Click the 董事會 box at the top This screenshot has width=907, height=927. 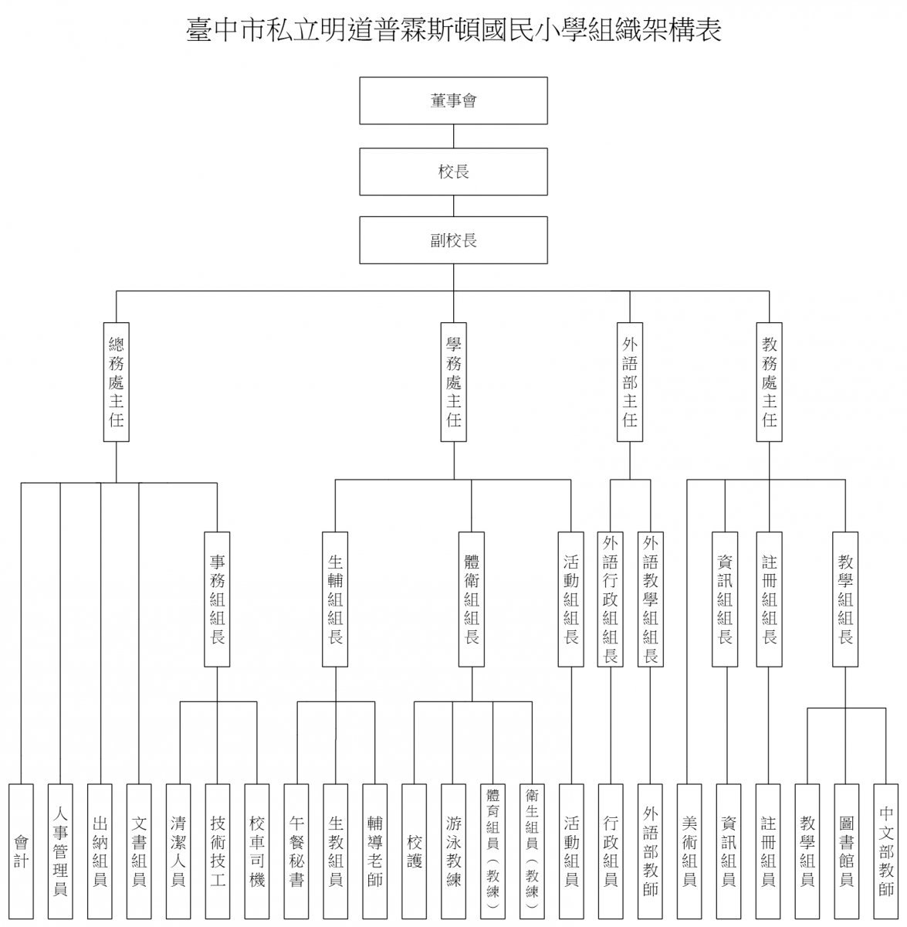(x=453, y=100)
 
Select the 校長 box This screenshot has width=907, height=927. (x=453, y=171)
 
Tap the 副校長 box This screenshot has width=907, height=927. (x=453, y=240)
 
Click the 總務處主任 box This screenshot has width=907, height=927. (x=117, y=382)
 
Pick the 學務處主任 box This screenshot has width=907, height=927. (x=454, y=382)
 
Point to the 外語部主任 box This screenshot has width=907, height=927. (x=630, y=382)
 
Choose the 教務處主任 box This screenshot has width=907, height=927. (x=770, y=382)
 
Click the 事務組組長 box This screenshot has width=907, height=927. (x=217, y=599)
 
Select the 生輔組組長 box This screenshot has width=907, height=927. (x=335, y=599)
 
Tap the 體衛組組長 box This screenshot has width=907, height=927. (x=472, y=599)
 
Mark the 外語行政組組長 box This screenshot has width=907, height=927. (x=611, y=599)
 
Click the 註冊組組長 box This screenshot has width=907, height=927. (x=770, y=599)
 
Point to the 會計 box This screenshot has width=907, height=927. (x=21, y=851)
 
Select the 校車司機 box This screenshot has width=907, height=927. (x=257, y=851)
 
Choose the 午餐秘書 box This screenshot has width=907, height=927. (x=296, y=851)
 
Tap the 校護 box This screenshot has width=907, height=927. (x=414, y=851)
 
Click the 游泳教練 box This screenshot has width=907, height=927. (x=454, y=851)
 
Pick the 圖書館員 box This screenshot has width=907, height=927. (x=847, y=851)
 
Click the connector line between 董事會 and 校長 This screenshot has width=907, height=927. (x=454, y=136)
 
